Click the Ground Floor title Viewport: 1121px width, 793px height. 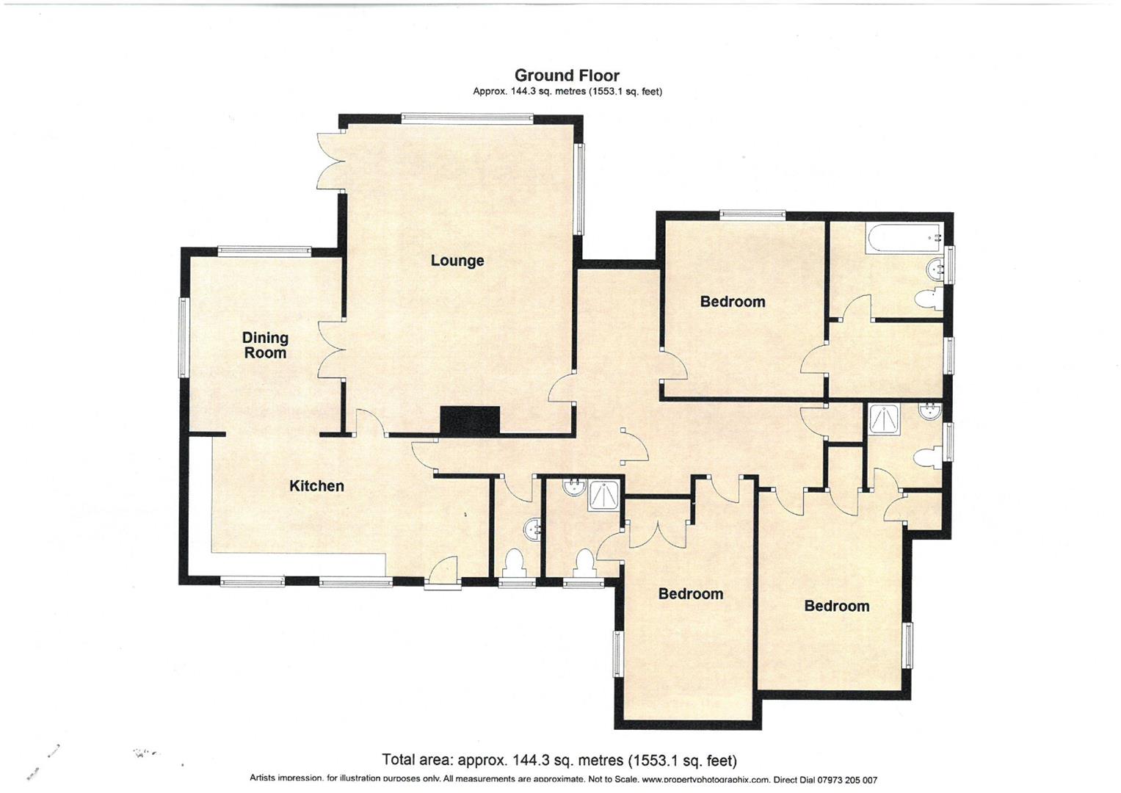tap(566, 75)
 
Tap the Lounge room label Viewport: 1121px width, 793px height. tap(457, 261)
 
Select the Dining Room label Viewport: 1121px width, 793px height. tap(265, 345)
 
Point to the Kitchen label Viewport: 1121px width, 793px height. tap(316, 486)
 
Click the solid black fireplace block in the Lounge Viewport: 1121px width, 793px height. tap(470, 421)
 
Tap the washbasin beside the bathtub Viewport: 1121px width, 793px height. tap(934, 269)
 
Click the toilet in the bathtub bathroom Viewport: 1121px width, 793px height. tap(929, 300)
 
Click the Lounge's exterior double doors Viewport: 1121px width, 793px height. tap(330, 162)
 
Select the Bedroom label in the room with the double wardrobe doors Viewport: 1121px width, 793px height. tap(690, 594)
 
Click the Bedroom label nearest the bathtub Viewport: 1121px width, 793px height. tap(732, 302)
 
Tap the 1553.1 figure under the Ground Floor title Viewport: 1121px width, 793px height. tap(606, 92)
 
